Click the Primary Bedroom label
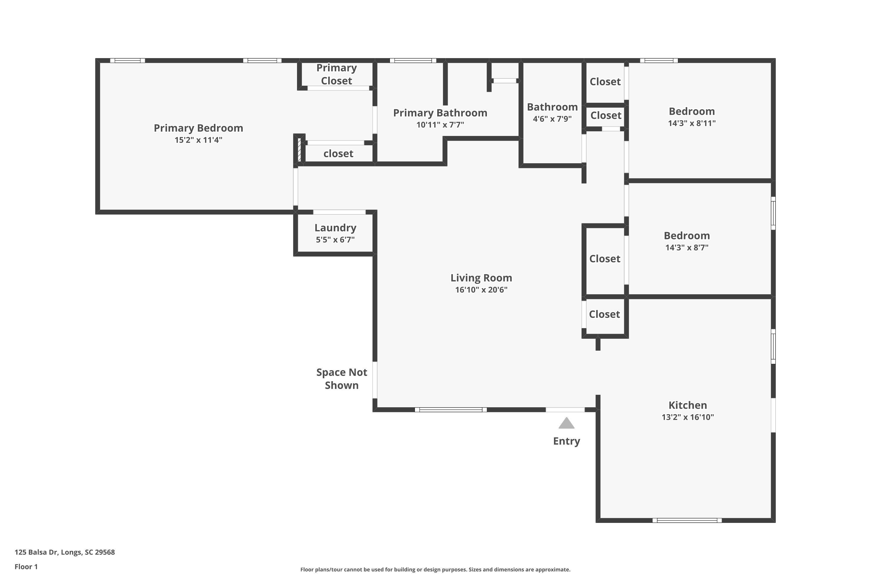pyautogui.click(x=199, y=128)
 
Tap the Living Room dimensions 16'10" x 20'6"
pyautogui.click(x=481, y=290)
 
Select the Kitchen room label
pyautogui.click(x=688, y=405)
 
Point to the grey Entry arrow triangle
pyautogui.click(x=566, y=423)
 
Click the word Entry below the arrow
pyautogui.click(x=567, y=441)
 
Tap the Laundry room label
pyautogui.click(x=336, y=228)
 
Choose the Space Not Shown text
pyautogui.click(x=342, y=379)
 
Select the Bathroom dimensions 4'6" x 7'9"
pyautogui.click(x=552, y=119)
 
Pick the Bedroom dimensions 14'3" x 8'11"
pyautogui.click(x=692, y=123)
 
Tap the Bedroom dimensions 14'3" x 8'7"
pyautogui.click(x=687, y=248)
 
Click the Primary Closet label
pyautogui.click(x=336, y=74)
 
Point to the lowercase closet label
pyautogui.click(x=339, y=153)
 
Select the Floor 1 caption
pyautogui.click(x=26, y=566)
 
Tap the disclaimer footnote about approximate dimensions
pyautogui.click(x=435, y=569)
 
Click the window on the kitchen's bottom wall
pyautogui.click(x=687, y=520)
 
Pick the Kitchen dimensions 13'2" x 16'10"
pyautogui.click(x=688, y=417)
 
